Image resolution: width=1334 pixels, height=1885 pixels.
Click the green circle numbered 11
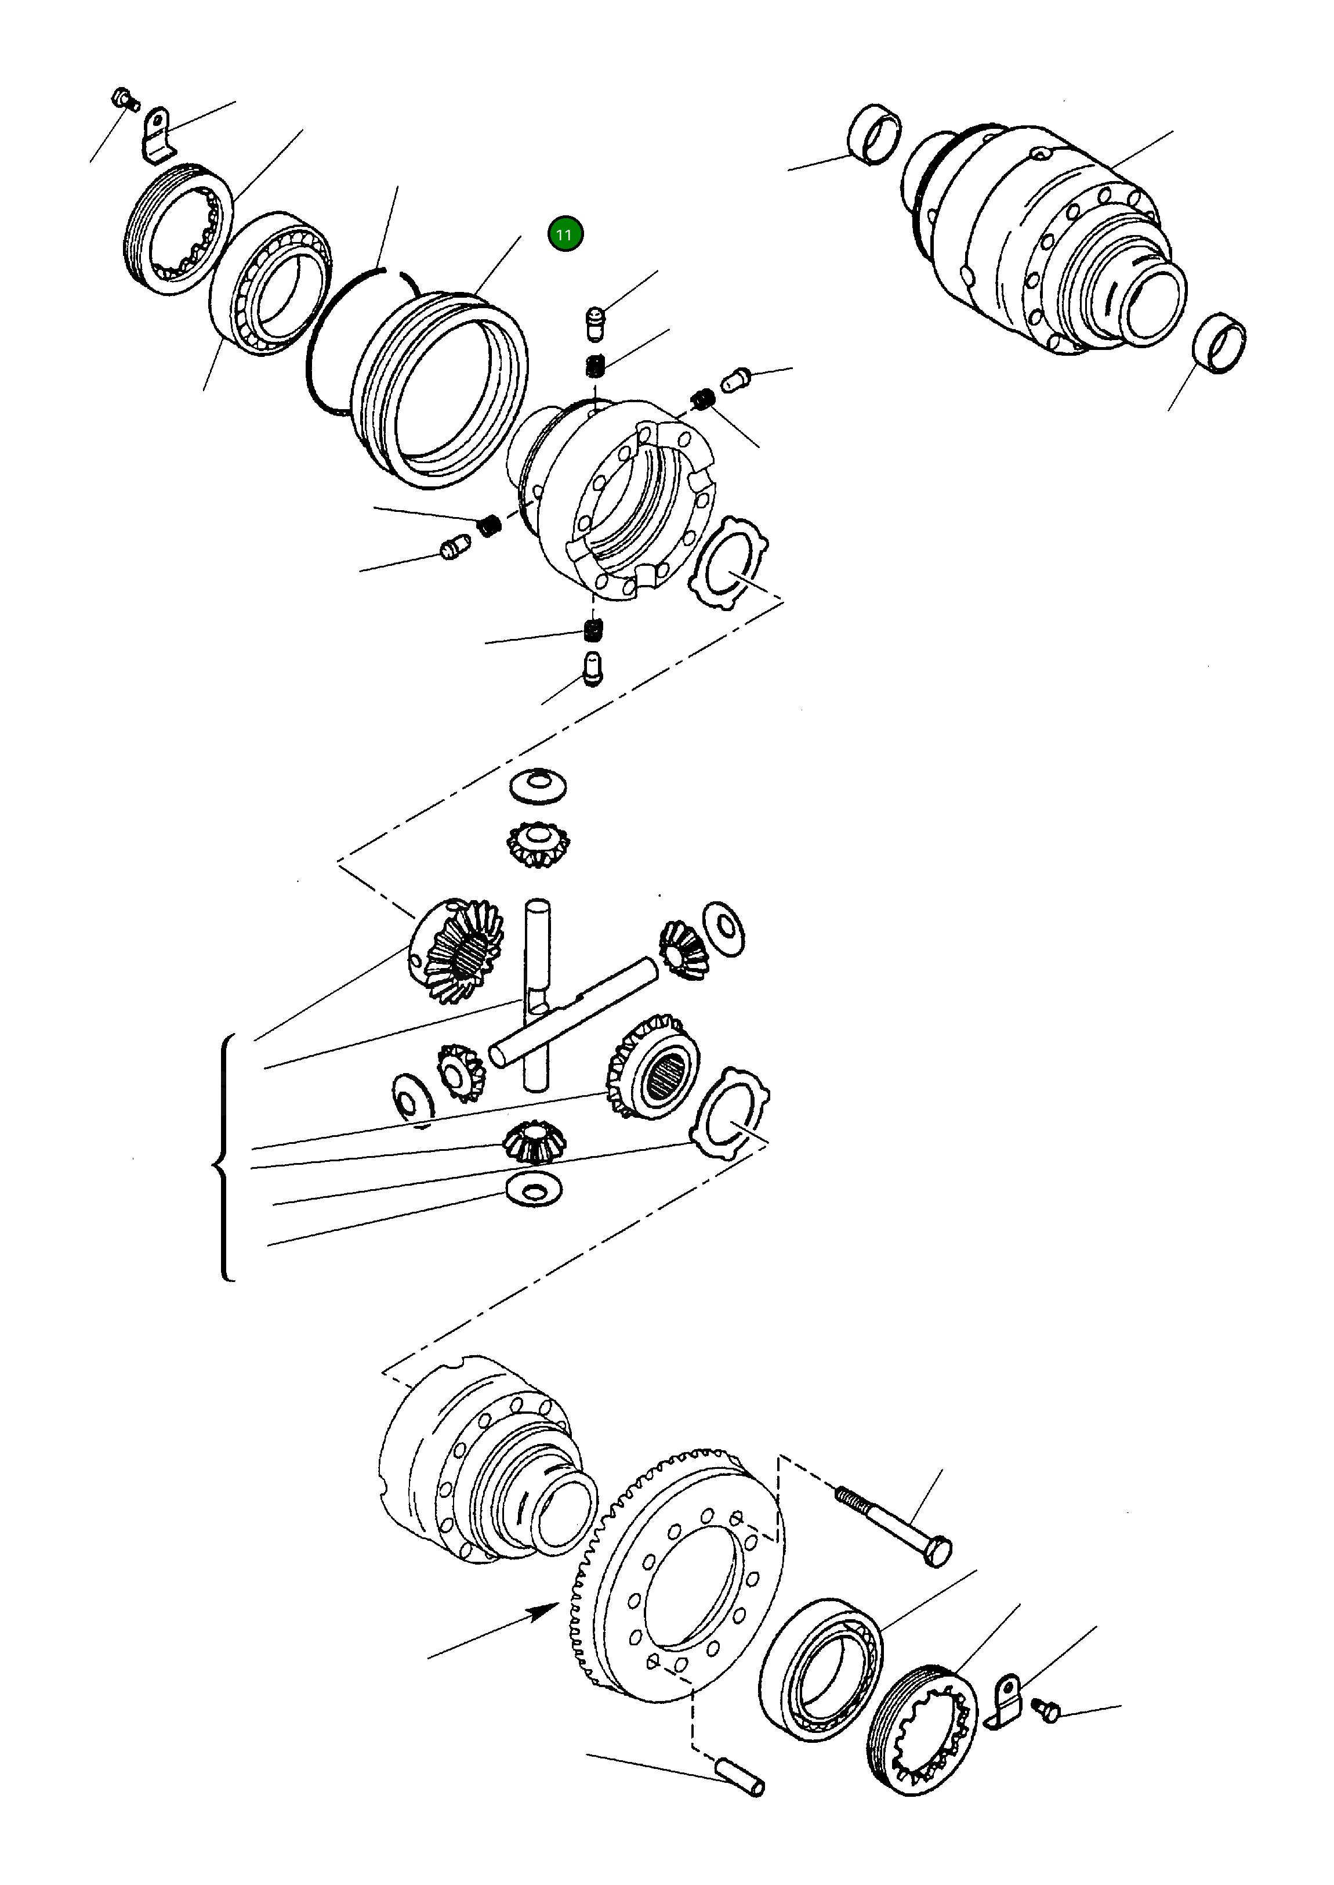pyautogui.click(x=565, y=234)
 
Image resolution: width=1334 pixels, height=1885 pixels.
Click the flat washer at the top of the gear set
pyautogui.click(x=538, y=786)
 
